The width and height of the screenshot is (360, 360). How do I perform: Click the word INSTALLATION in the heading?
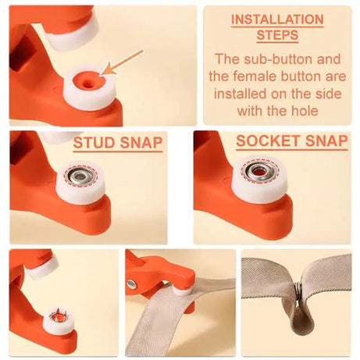[x=277, y=18]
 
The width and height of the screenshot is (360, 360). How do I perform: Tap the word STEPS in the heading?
[x=277, y=36]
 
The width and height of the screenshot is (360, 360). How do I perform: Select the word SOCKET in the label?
[x=265, y=142]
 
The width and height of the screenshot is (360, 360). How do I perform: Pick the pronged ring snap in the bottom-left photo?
[x=57, y=316]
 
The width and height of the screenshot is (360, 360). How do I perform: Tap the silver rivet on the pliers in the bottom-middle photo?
[x=131, y=283]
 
